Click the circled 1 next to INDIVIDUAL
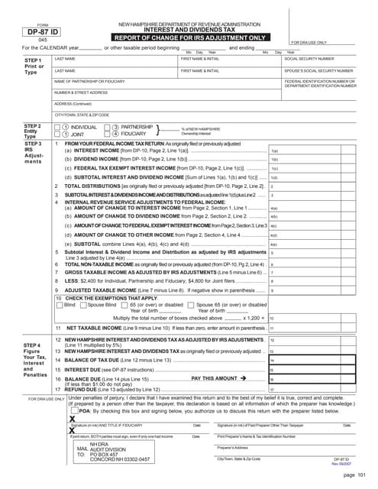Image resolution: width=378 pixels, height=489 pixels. point(66,127)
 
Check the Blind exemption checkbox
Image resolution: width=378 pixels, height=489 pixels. point(62,305)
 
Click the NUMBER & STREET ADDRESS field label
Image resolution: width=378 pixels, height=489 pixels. point(80,92)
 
